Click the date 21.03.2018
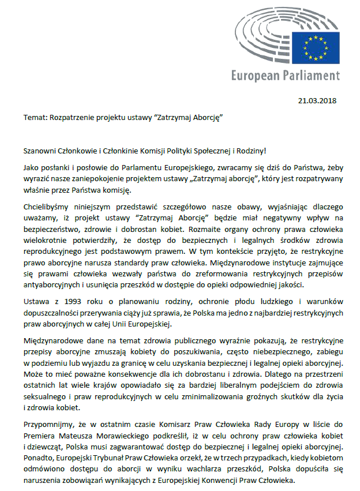coord(317,100)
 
